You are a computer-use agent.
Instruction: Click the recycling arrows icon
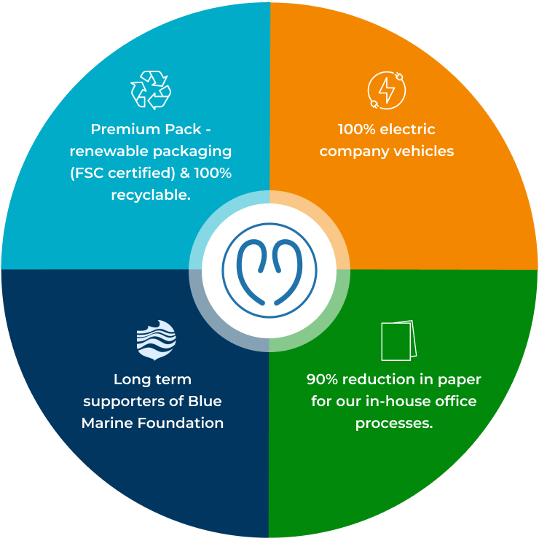pyautogui.click(x=150, y=90)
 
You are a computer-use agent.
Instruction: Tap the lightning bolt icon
pyautogui.click(x=386, y=90)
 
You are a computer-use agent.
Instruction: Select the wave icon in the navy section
pyautogui.click(x=156, y=340)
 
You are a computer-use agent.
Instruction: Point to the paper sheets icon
pyautogui.click(x=398, y=340)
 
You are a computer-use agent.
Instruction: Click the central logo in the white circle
pyautogui.click(x=269, y=270)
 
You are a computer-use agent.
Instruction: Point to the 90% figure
pyautogui.click(x=321, y=379)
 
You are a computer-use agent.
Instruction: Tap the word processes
pyautogui.click(x=394, y=423)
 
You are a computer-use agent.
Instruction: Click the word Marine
pyautogui.click(x=106, y=423)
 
